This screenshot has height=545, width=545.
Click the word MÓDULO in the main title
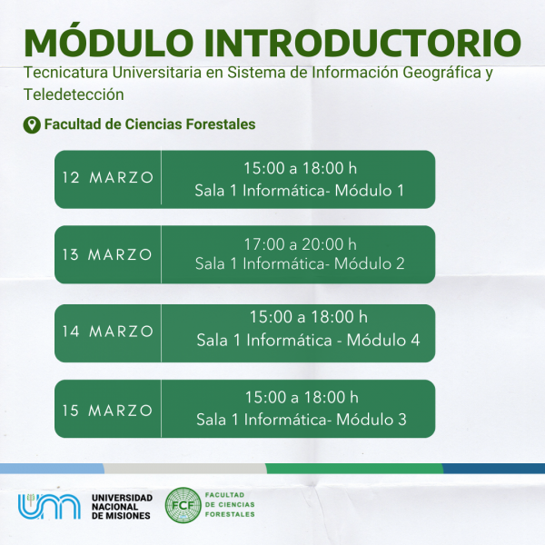[108, 43]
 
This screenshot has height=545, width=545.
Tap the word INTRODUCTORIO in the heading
[362, 43]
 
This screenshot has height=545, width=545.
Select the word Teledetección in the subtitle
[74, 94]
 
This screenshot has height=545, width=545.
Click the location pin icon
[32, 124]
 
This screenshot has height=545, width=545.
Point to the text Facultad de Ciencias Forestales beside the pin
[150, 124]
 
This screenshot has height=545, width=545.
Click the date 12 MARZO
[108, 177]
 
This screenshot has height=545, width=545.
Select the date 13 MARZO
[107, 254]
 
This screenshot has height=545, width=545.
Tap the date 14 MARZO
[108, 332]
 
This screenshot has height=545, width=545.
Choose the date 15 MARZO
[107, 411]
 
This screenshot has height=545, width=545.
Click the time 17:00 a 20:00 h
[301, 244]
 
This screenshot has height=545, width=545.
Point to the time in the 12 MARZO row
[301, 168]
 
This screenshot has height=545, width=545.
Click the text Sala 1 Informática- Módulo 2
[300, 263]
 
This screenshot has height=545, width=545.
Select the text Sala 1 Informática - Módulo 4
[308, 340]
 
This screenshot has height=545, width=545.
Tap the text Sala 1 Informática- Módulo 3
[302, 420]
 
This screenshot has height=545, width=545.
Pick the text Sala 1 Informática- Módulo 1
[299, 191]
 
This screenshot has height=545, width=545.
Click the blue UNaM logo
[49, 506]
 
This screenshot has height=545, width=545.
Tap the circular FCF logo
[183, 505]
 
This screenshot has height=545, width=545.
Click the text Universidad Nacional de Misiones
[122, 507]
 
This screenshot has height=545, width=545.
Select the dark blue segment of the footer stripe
[493, 468]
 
